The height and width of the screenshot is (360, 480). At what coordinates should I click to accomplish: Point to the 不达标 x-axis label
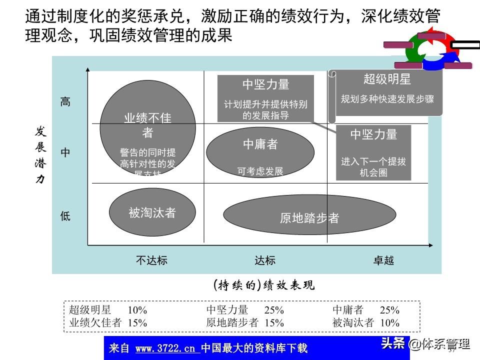coord(151,260)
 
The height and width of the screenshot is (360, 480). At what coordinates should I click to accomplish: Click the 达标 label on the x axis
coord(265,260)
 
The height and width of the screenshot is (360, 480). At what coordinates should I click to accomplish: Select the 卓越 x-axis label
coord(383,260)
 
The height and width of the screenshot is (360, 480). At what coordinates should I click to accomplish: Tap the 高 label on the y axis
coord(65,102)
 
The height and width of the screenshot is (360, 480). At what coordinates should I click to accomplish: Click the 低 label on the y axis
coord(65,216)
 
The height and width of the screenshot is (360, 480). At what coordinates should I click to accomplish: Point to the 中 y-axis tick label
coord(65,153)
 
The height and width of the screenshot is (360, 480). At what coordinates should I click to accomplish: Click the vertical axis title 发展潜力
coord(40,155)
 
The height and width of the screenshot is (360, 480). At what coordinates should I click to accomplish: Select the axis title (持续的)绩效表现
coord(264,285)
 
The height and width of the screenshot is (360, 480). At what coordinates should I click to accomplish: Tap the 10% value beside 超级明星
coord(137,310)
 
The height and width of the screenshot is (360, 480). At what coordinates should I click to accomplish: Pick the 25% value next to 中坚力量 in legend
coord(274,310)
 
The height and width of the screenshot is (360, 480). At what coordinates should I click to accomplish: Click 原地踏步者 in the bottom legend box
coord(232,322)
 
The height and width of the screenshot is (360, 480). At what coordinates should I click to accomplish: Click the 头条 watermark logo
coord(393,343)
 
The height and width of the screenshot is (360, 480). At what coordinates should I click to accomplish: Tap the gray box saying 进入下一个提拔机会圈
coord(373,152)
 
